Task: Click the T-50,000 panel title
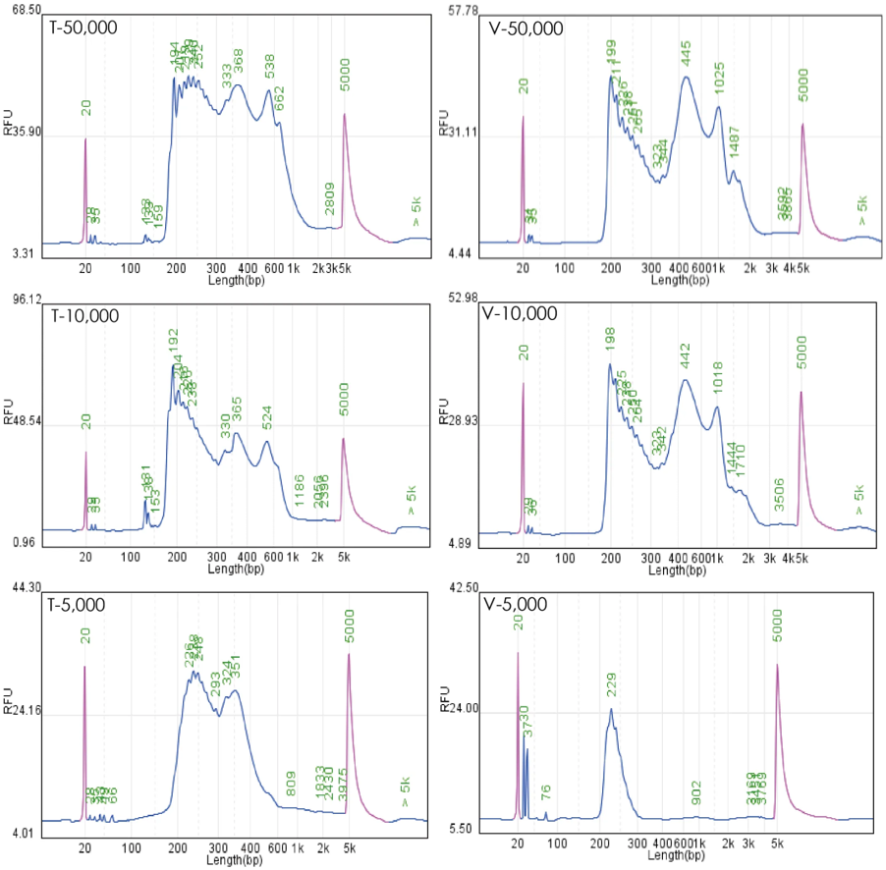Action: (83, 27)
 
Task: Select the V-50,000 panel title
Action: (526, 28)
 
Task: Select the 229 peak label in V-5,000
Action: (611, 685)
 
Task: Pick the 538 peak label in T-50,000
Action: (269, 67)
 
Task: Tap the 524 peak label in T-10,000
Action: (266, 419)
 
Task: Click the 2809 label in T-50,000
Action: (330, 198)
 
